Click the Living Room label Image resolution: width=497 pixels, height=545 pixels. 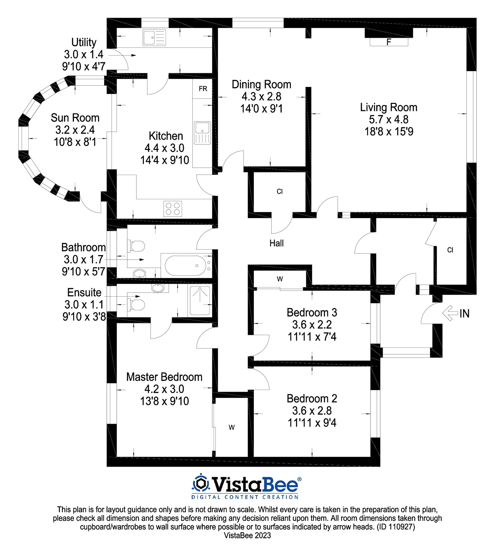388,107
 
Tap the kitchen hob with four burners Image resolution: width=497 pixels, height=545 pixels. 172,208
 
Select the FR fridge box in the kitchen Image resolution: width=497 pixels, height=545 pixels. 203,89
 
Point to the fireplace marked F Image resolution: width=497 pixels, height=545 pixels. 389,42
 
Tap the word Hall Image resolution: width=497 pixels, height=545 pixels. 276,243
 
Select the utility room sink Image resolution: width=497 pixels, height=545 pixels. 154,37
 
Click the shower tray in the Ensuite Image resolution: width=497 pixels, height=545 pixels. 200,300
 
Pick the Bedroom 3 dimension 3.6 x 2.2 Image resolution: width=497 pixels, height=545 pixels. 312,325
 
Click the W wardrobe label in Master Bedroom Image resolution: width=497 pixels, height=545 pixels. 231,427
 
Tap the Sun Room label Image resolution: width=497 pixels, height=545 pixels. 75,118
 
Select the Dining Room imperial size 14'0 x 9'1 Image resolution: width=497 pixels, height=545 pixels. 261,109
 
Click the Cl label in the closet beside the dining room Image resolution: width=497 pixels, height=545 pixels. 280,191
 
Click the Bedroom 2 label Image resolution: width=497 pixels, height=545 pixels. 312,399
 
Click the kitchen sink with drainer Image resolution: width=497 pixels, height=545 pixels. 202,133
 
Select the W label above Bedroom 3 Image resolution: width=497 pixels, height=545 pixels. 280,279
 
